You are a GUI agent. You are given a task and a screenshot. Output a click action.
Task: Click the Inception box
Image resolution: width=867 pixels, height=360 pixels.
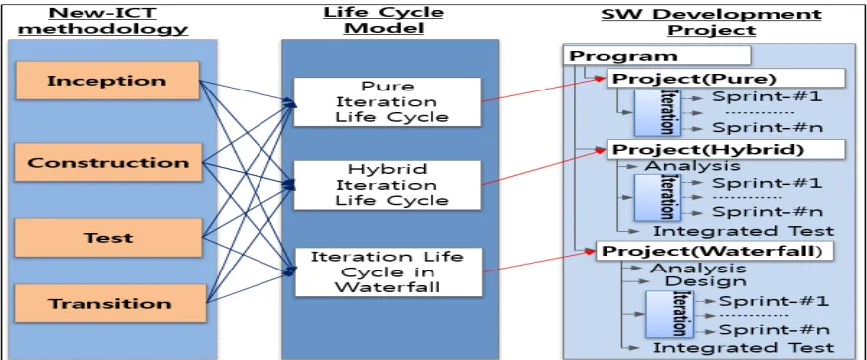click(x=106, y=81)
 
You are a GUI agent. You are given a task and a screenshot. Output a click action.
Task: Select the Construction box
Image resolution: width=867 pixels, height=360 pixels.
click(x=109, y=162)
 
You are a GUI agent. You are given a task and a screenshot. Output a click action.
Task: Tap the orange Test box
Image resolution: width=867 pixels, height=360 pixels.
click(x=108, y=238)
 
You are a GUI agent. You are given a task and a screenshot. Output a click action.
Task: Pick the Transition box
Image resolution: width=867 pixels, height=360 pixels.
click(x=110, y=303)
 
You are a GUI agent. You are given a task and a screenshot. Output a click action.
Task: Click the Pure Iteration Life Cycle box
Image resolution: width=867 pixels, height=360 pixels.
click(x=387, y=101)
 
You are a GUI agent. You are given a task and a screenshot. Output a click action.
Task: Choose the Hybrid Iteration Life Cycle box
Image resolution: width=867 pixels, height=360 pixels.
click(x=387, y=185)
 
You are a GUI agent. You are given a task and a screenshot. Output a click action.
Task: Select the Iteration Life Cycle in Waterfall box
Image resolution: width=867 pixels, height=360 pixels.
click(x=388, y=272)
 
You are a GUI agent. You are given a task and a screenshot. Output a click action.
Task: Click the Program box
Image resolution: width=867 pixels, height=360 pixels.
click(x=656, y=56)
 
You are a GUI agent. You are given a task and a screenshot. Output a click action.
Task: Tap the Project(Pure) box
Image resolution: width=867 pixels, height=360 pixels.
click(x=726, y=78)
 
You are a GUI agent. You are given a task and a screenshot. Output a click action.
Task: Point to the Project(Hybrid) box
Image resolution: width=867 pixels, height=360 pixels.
click(x=727, y=149)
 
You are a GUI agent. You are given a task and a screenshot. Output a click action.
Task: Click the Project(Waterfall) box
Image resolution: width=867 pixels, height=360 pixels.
click(x=714, y=251)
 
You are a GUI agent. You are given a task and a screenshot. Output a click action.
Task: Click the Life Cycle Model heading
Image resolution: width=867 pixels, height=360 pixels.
click(x=385, y=21)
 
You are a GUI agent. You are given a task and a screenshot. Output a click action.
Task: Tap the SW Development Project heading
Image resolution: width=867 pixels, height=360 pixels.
click(x=711, y=22)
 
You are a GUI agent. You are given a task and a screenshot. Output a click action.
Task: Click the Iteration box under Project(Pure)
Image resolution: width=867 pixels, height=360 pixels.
click(x=657, y=112)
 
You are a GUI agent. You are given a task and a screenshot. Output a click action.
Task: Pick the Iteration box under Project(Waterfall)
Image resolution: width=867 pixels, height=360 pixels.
click(x=669, y=314)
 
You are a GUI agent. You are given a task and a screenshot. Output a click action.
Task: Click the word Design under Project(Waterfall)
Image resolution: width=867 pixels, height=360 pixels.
click(x=705, y=280)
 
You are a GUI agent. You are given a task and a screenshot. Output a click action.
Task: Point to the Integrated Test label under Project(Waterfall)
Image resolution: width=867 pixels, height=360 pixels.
click(x=744, y=347)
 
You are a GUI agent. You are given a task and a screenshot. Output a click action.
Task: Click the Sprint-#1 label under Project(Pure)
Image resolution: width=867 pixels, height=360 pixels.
click(x=767, y=96)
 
